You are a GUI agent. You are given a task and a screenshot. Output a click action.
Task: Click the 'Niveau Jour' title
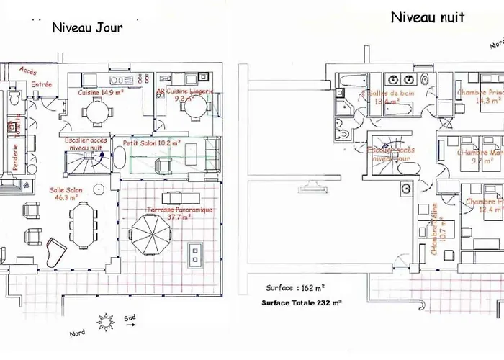pyautogui.click(x=86, y=28)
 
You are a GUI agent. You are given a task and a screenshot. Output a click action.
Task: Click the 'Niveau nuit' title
pyautogui.click(x=428, y=17)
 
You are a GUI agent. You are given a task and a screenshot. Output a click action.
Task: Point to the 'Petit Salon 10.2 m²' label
pyautogui.click(x=151, y=143)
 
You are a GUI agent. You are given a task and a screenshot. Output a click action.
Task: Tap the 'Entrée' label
pyautogui.click(x=42, y=85)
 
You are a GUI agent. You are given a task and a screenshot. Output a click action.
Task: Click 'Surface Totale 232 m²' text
pyautogui.click(x=302, y=303)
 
